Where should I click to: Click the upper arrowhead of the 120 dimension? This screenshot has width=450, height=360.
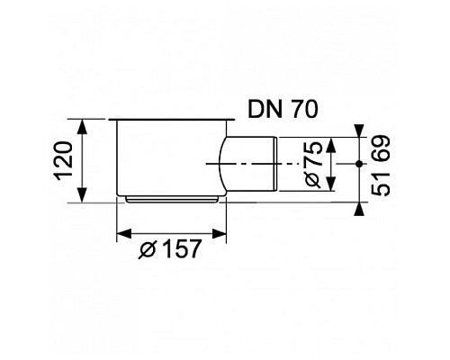point(82,125)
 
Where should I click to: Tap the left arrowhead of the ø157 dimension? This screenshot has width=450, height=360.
point(122,237)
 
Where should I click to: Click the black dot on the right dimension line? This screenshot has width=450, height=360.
point(359,165)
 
